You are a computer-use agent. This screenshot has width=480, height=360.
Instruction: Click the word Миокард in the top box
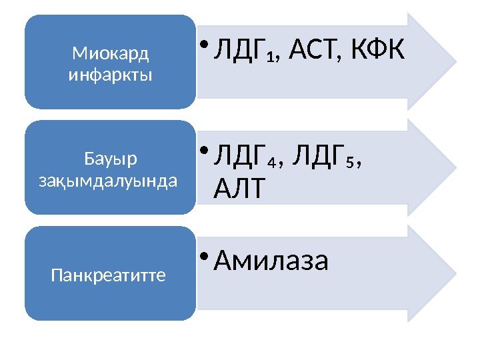tap(111, 52)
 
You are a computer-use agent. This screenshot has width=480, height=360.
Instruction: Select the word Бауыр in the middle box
tap(111, 158)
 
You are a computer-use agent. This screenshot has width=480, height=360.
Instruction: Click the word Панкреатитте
tap(109, 275)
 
